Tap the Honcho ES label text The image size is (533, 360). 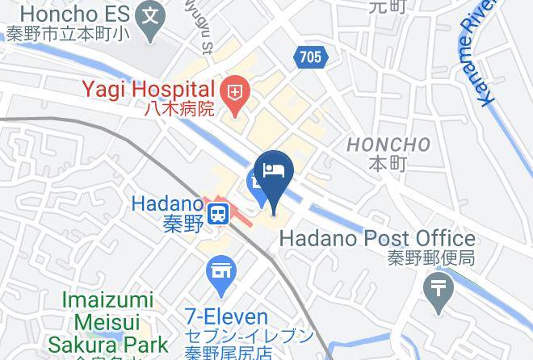[68, 14]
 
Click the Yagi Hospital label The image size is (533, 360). [146, 88]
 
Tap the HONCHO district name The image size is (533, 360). [388, 144]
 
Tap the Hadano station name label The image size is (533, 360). [166, 205]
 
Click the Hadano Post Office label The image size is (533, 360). [377, 239]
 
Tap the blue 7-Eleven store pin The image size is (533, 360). [220, 275]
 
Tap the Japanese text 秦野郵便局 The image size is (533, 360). [429, 259]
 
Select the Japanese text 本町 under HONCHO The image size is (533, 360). [388, 164]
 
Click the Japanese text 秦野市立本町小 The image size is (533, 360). [64, 35]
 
